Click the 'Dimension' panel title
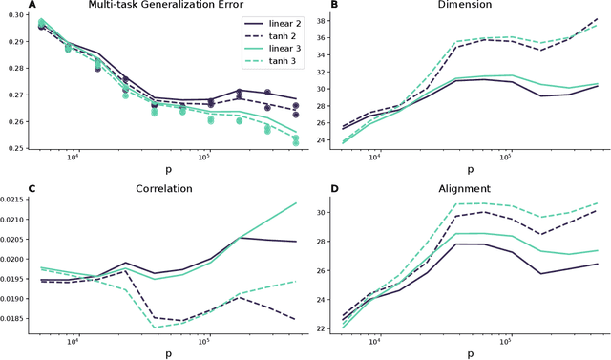click(459, 6)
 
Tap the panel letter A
click(6, 6)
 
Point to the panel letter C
click(6, 189)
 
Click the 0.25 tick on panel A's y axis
click(16, 148)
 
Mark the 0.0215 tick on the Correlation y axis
click(13, 199)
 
